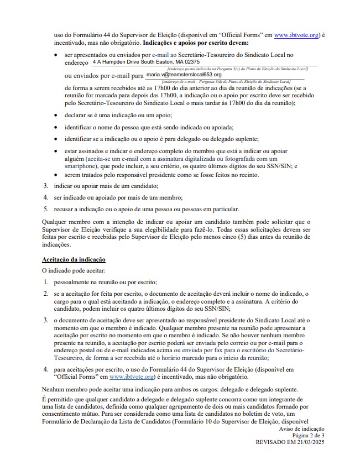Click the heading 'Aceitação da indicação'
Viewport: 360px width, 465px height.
click(x=74, y=259)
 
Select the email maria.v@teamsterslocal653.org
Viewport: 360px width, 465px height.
click(x=184, y=74)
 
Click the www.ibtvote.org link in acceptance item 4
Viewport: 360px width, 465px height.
click(x=132, y=377)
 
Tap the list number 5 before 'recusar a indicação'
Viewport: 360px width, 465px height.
click(x=46, y=209)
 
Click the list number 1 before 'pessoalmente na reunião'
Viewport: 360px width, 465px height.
click(x=46, y=282)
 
